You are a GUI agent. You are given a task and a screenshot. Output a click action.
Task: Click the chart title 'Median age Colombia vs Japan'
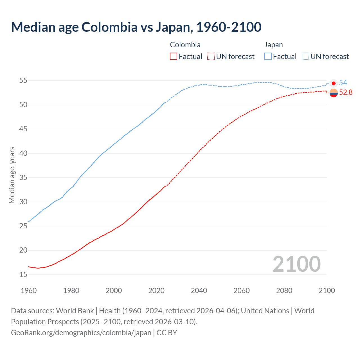[x=136, y=27]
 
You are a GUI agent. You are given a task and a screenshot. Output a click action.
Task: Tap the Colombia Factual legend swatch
[x=174, y=57]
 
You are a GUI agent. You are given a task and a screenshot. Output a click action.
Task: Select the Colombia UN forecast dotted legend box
[x=211, y=57]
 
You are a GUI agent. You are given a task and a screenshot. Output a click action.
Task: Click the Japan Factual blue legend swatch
[x=268, y=57]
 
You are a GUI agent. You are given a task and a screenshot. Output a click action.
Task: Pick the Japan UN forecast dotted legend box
[x=305, y=57]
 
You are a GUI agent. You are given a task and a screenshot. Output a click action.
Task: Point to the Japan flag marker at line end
[x=334, y=83]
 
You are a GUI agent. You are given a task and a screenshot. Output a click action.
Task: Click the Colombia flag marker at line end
[x=334, y=93]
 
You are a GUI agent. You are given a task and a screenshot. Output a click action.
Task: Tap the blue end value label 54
[x=343, y=83]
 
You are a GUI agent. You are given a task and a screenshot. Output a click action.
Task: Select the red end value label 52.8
[x=346, y=93]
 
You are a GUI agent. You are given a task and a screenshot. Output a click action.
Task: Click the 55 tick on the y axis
[x=23, y=81]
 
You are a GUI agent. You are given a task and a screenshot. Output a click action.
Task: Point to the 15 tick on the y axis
[x=23, y=274]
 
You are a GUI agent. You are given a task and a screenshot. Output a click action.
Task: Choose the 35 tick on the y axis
[x=23, y=178]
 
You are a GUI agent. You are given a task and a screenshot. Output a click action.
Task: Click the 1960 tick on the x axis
[x=29, y=291]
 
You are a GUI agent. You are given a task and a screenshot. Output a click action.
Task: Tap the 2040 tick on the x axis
[x=199, y=291]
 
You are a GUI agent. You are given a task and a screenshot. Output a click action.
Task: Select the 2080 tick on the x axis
[x=284, y=291]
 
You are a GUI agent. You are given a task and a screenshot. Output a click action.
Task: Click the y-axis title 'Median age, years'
[x=12, y=175]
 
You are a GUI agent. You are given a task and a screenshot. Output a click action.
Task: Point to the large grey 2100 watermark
[x=296, y=264]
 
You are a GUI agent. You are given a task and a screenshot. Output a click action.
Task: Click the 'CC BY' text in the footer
[x=167, y=333]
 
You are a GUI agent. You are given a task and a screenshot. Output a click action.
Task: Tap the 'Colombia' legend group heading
[x=185, y=45]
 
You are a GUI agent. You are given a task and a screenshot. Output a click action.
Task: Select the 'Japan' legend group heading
[x=273, y=45]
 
